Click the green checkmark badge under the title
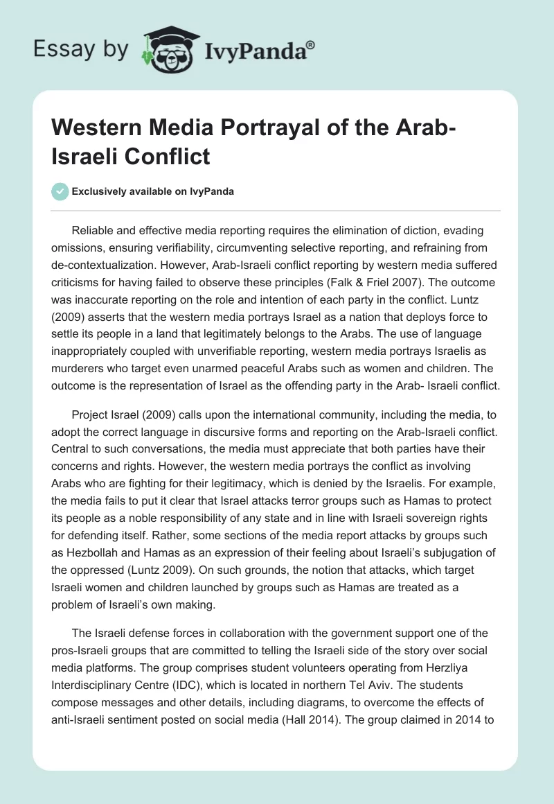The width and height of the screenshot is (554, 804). [x=60, y=192]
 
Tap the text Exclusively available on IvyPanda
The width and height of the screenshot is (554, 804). [x=152, y=192]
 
